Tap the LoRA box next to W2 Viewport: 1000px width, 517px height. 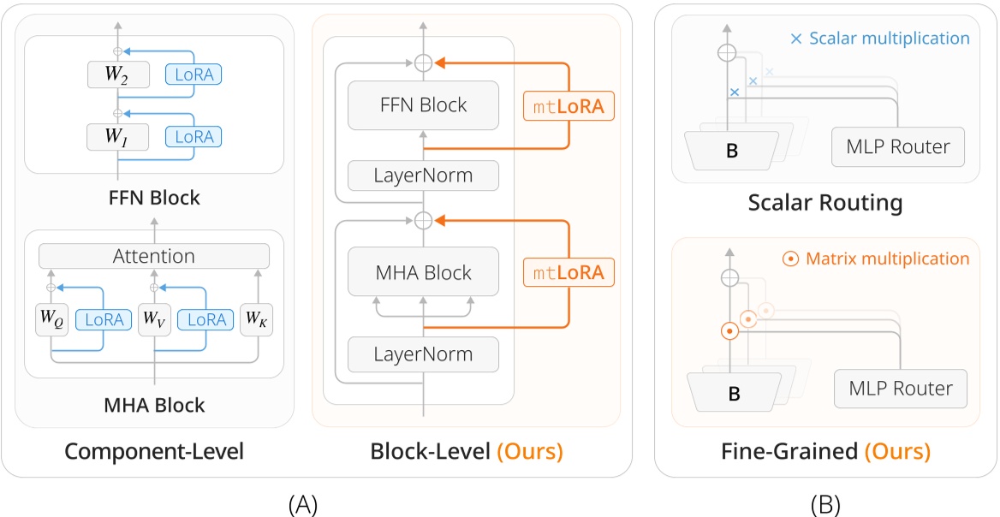193,74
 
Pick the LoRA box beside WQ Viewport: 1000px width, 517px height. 104,319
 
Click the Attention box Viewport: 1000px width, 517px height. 154,256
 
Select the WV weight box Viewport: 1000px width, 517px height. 155,319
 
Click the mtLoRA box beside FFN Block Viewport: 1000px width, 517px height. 568,107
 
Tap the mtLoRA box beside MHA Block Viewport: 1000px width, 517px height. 568,273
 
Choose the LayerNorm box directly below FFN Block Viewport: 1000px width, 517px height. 423,176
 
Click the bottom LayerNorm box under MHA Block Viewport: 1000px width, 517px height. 423,353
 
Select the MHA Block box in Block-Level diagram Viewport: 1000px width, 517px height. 423,272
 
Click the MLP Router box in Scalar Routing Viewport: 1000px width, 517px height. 898,147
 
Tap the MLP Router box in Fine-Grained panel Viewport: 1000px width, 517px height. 900,389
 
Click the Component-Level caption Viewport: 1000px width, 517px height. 154,451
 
